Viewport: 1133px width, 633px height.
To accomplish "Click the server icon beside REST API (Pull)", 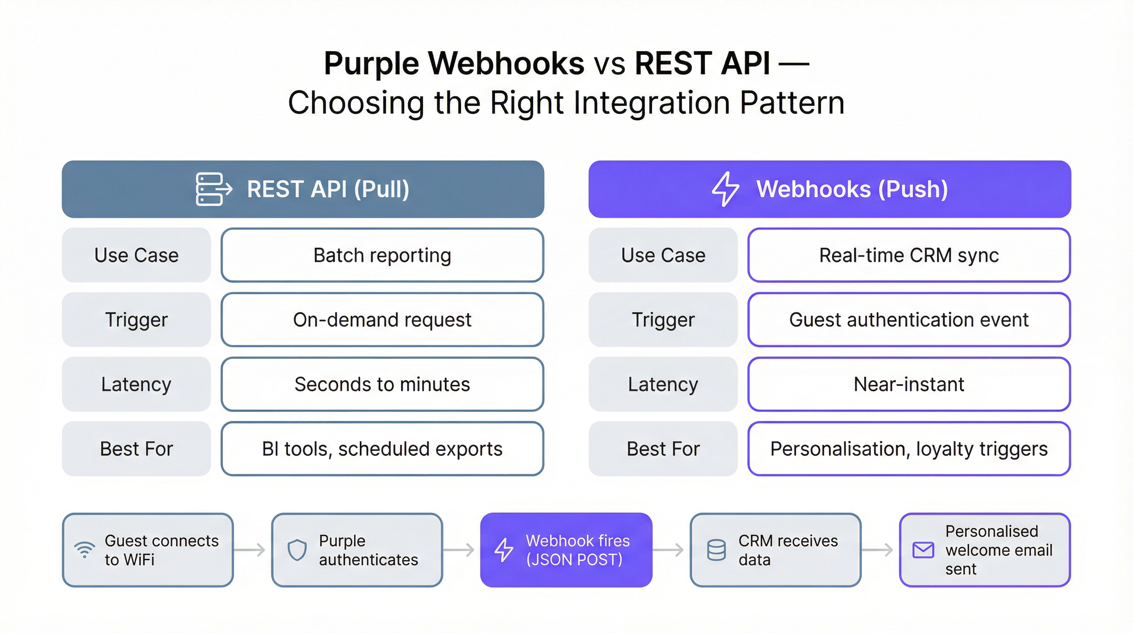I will pos(213,189).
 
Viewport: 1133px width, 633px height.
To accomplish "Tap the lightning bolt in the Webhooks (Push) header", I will pos(725,189).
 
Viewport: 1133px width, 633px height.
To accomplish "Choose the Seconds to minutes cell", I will pos(382,384).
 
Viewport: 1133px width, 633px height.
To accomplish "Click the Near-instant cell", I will pos(909,384).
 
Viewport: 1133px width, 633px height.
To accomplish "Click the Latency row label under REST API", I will pos(136,384).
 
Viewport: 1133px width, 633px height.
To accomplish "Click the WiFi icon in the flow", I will pos(84,550).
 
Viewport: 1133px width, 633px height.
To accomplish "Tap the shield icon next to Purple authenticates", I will pos(297,550).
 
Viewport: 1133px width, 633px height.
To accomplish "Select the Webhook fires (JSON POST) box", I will pos(566,550).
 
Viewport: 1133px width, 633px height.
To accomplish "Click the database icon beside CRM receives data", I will pos(716,550).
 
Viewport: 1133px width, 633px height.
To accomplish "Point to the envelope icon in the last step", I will pos(923,550).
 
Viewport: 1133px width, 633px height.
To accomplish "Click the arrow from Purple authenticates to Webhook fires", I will pos(459,550).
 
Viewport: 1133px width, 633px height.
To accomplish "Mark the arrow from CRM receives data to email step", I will pos(877,550).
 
